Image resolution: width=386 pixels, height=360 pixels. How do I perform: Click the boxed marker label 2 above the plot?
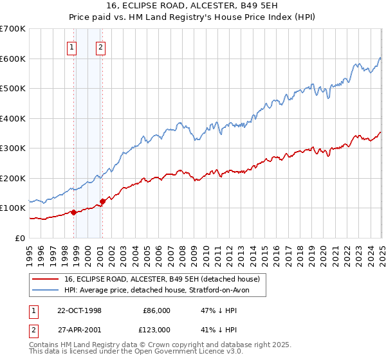pos(101,46)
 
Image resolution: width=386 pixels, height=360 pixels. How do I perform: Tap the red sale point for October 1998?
pos(73,212)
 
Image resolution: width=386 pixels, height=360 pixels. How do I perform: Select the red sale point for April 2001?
pos(103,201)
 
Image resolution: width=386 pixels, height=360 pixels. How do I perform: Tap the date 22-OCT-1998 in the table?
pos(79,310)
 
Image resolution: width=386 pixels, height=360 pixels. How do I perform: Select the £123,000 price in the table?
pos(156,329)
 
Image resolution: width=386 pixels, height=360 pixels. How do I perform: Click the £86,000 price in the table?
pos(156,310)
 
